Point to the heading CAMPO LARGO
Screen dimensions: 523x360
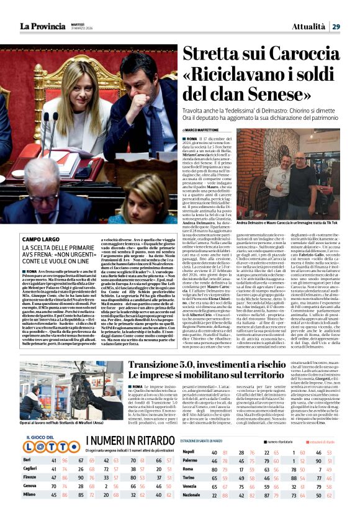tap(41, 239)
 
